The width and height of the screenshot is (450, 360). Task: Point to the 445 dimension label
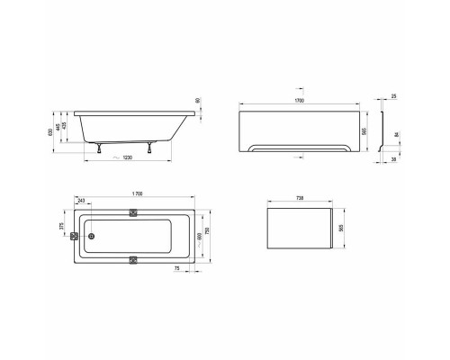[59, 128]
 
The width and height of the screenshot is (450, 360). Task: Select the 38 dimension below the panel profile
[394, 159]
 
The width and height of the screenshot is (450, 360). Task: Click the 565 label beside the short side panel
[339, 229]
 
